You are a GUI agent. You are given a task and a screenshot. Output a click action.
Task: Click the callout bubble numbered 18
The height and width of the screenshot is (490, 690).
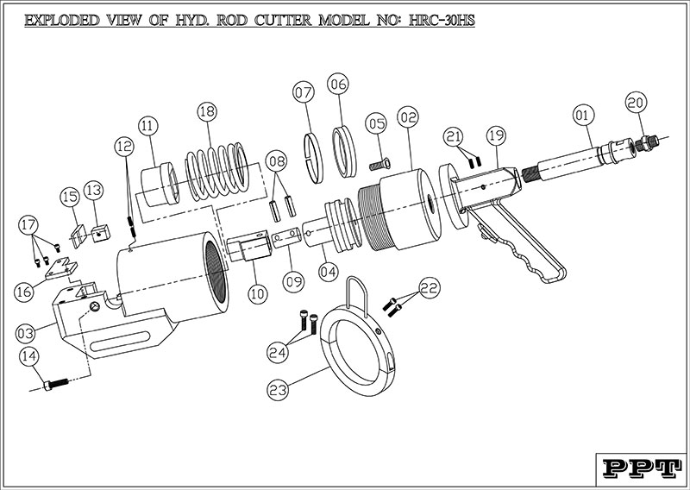tap(207, 112)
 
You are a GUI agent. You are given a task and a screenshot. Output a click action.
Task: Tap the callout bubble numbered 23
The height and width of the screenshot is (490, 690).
tap(278, 390)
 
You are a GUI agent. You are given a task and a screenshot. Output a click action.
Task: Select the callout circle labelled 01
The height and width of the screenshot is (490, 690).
tap(584, 116)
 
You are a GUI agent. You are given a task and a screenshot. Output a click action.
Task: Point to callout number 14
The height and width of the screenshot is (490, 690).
tap(29, 356)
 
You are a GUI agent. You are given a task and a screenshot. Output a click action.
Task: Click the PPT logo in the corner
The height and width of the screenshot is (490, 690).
tap(639, 468)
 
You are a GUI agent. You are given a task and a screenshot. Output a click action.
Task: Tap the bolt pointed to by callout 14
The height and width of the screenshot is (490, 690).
tap(56, 385)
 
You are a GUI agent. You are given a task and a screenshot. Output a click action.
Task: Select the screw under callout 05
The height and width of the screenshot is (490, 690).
tap(379, 165)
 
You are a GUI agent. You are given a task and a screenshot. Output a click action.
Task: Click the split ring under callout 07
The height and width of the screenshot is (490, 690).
tap(314, 158)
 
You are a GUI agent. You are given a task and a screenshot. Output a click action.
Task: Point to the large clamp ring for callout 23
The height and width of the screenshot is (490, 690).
tap(357, 352)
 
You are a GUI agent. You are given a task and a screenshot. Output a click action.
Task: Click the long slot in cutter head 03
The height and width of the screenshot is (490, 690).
tap(120, 342)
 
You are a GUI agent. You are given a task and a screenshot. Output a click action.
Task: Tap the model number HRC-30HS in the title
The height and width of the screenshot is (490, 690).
tap(442, 20)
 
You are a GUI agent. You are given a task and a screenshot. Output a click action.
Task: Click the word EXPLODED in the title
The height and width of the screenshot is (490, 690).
tap(61, 20)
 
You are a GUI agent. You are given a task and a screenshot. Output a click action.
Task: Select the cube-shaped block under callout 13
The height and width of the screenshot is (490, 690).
tap(100, 233)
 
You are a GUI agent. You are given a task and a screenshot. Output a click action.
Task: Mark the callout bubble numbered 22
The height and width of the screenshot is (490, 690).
tap(430, 287)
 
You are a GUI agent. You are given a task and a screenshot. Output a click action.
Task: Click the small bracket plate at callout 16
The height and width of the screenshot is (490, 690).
tap(61, 269)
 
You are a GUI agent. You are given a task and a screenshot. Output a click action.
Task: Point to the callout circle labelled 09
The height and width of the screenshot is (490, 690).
tap(293, 280)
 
